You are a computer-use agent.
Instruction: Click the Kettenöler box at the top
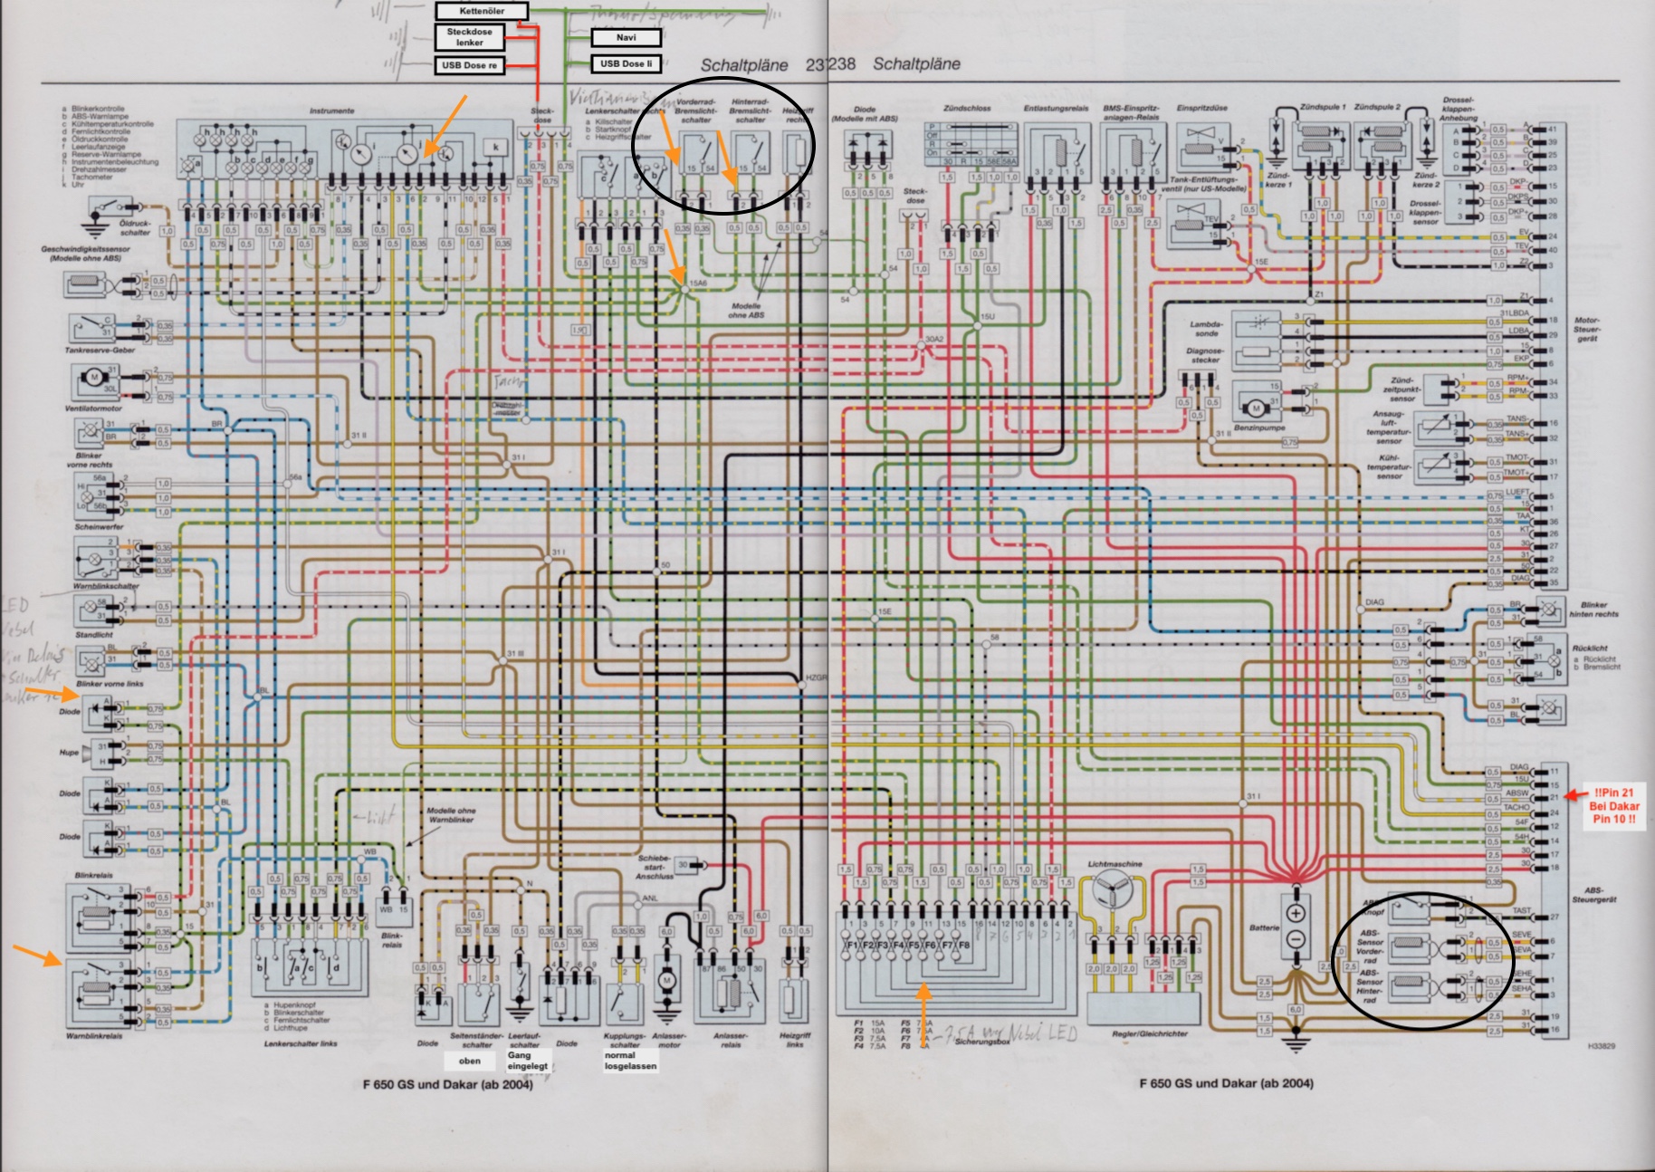coord(481,11)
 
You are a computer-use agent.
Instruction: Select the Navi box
coord(626,38)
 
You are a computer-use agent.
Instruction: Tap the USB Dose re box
coord(469,65)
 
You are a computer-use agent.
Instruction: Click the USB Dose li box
coord(626,63)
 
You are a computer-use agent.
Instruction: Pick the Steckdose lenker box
coord(469,37)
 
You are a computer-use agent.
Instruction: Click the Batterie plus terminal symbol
coord(1295,913)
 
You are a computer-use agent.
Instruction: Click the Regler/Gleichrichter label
coord(1150,1033)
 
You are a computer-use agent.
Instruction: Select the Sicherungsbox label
coord(982,1042)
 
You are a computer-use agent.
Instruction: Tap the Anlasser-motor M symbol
coord(667,981)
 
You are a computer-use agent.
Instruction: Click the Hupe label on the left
coord(69,753)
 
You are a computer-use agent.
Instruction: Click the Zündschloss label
coord(967,108)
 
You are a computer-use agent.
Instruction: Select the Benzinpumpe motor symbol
coord(1256,408)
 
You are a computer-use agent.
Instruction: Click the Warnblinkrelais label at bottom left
coord(93,1036)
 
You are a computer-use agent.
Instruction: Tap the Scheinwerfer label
coord(99,526)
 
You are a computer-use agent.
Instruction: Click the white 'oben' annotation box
coord(469,1061)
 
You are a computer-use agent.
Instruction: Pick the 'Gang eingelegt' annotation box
coord(527,1061)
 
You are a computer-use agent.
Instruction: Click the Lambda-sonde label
coord(1207,329)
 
